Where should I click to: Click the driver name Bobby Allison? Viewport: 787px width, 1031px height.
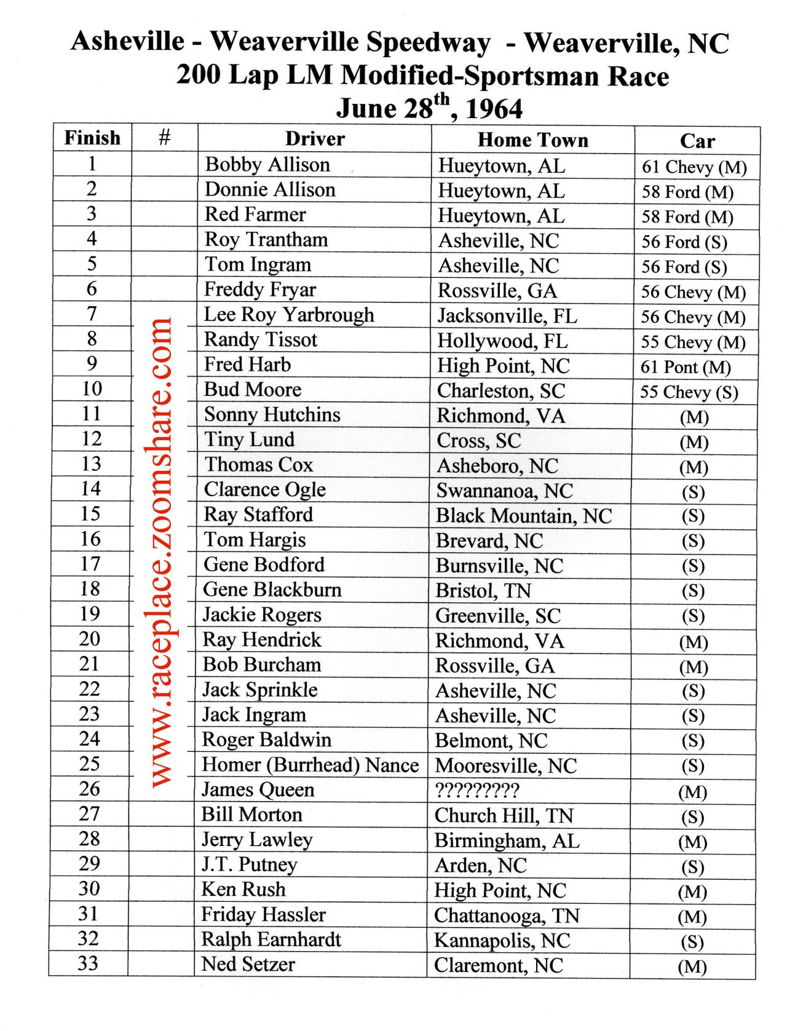pyautogui.click(x=267, y=165)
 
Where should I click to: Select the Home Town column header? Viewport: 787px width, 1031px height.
pyautogui.click(x=532, y=140)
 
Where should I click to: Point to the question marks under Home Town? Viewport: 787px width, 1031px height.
pyautogui.click(x=477, y=790)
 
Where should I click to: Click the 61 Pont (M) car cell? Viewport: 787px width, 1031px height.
pyautogui.click(x=686, y=368)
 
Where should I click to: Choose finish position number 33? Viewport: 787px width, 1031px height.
pyautogui.click(x=88, y=963)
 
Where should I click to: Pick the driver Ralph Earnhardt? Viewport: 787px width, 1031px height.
pyautogui.click(x=271, y=939)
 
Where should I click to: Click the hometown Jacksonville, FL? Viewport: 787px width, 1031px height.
pyautogui.click(x=507, y=316)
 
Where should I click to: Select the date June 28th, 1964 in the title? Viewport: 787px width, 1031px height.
pyautogui.click(x=429, y=108)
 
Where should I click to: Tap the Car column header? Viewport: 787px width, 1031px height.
pyautogui.click(x=697, y=141)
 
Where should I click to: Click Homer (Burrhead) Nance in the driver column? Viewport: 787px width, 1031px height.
pyautogui.click(x=310, y=765)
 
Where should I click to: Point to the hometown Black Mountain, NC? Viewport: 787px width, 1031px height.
pyautogui.click(x=524, y=516)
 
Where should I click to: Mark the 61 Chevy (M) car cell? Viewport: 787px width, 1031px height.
pyautogui.click(x=694, y=167)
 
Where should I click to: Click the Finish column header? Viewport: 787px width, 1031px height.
pyautogui.click(x=92, y=138)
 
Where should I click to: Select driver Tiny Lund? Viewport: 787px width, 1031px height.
pyautogui.click(x=249, y=440)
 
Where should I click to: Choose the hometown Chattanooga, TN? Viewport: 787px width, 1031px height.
pyautogui.click(x=507, y=915)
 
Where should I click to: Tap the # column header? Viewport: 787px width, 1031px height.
pyautogui.click(x=164, y=138)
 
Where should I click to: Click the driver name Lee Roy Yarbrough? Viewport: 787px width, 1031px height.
pyautogui.click(x=289, y=315)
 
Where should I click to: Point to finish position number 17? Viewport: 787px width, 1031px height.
pyautogui.click(x=90, y=564)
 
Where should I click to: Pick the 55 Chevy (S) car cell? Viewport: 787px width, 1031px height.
pyautogui.click(x=689, y=392)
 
